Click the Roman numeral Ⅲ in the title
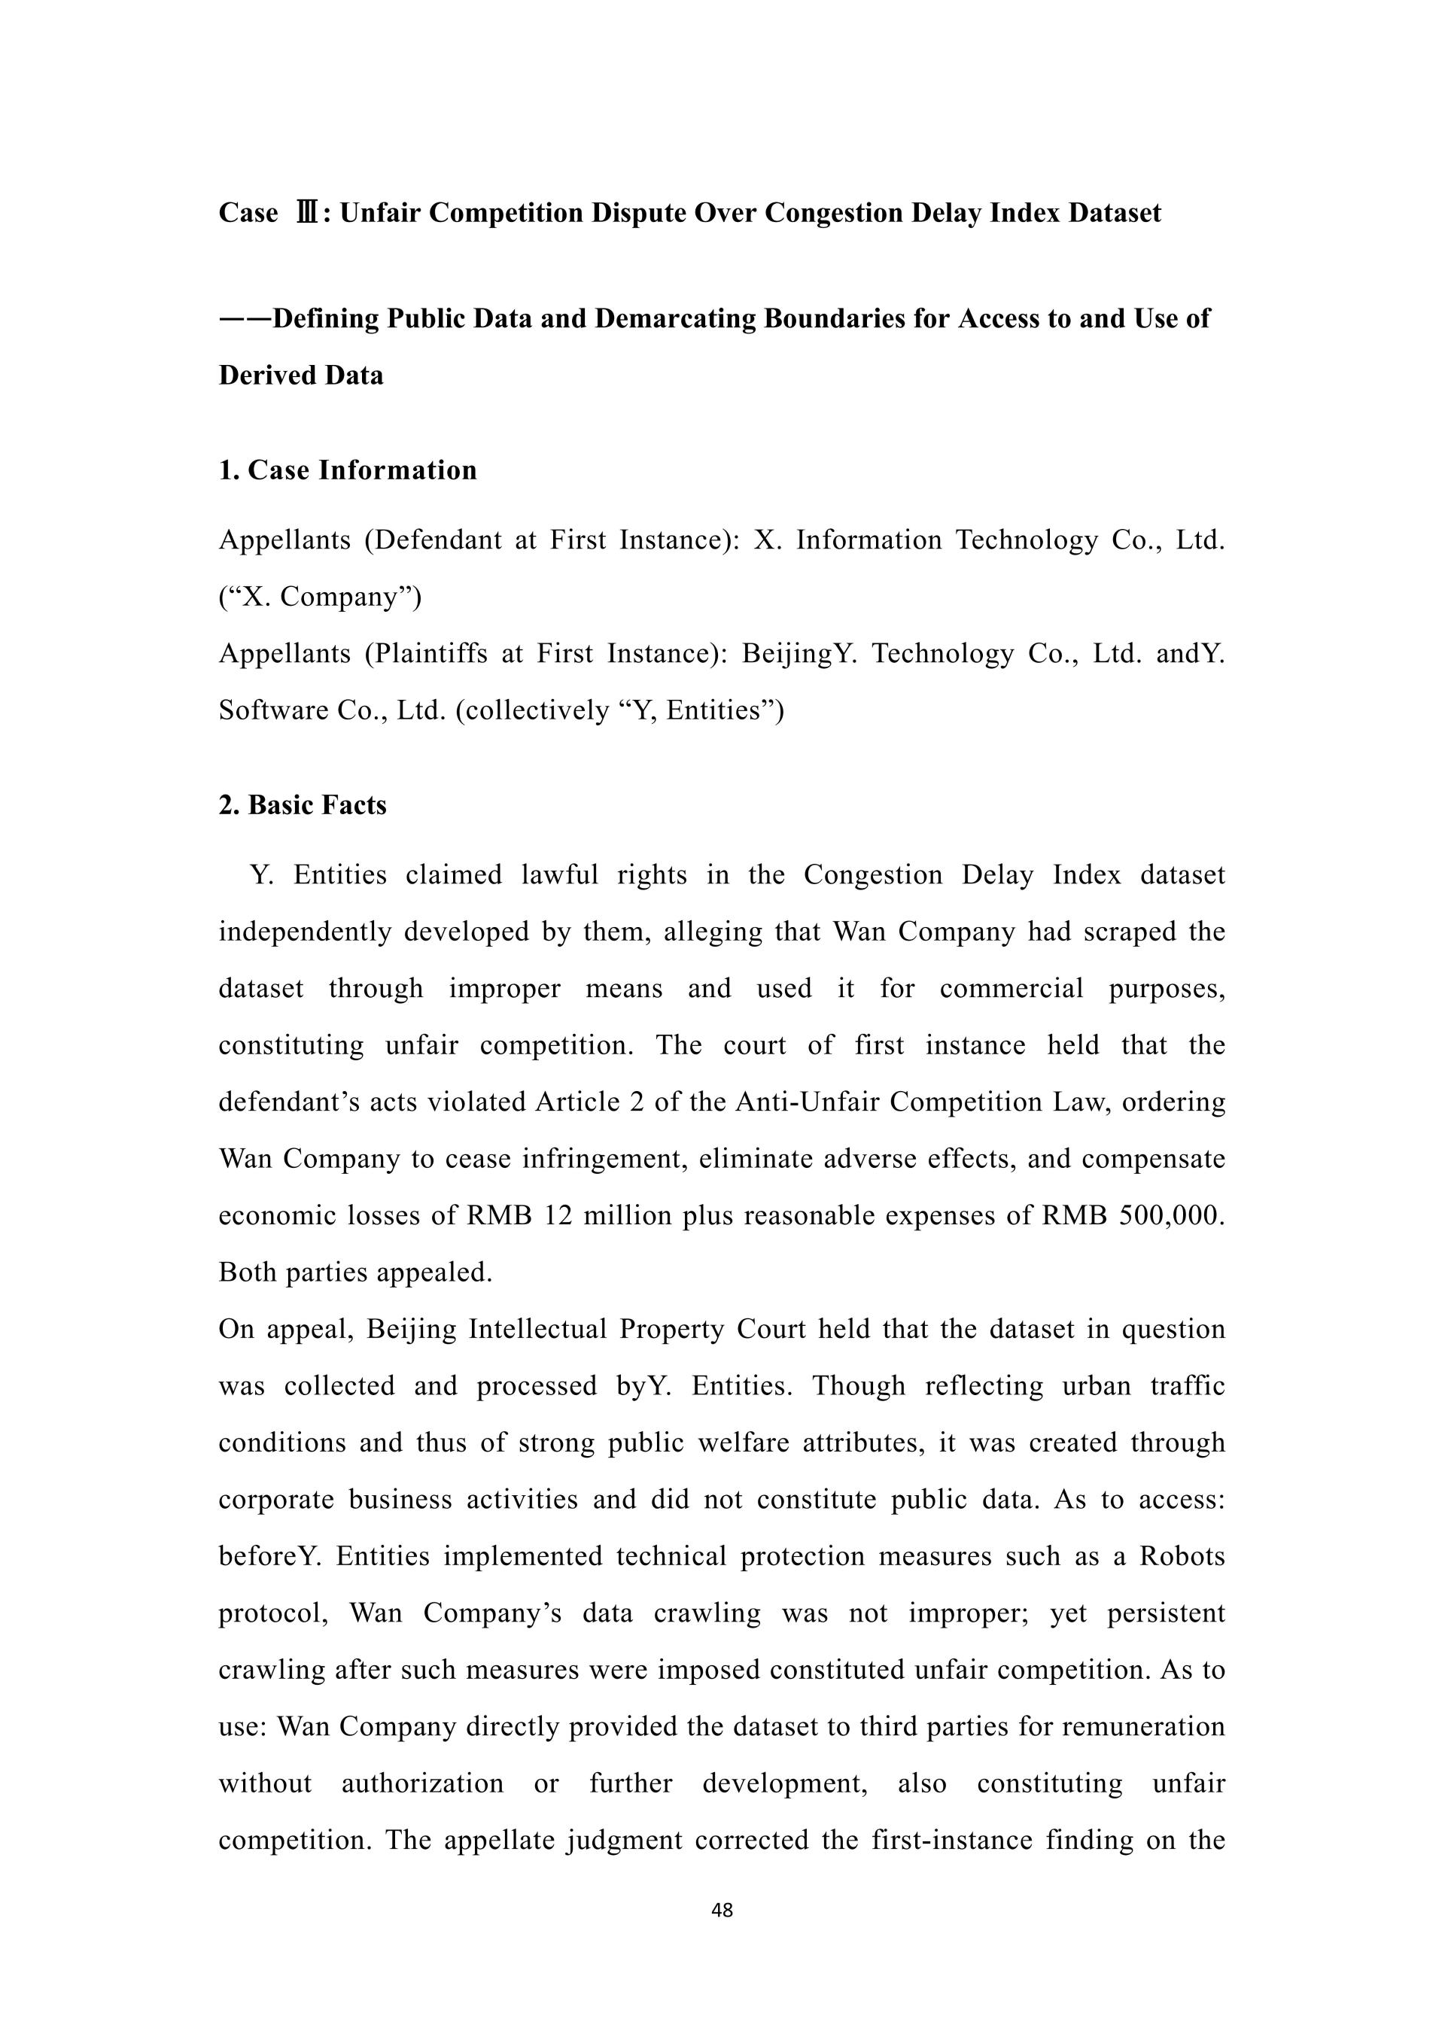(x=306, y=214)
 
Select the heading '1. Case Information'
(x=348, y=470)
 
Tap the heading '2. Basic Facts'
(x=303, y=805)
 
